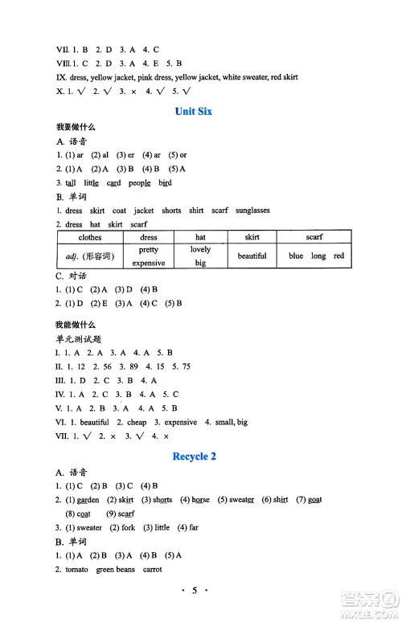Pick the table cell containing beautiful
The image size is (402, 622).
[252, 256]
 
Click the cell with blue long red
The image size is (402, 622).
[316, 256]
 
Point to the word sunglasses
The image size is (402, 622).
[252, 211]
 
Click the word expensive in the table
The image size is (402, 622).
[148, 263]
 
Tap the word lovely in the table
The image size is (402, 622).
[200, 250]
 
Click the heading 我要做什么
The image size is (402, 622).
[71, 128]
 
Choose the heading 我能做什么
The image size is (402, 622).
[71, 324]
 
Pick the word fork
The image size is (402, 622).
[127, 528]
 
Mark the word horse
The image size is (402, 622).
[199, 500]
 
